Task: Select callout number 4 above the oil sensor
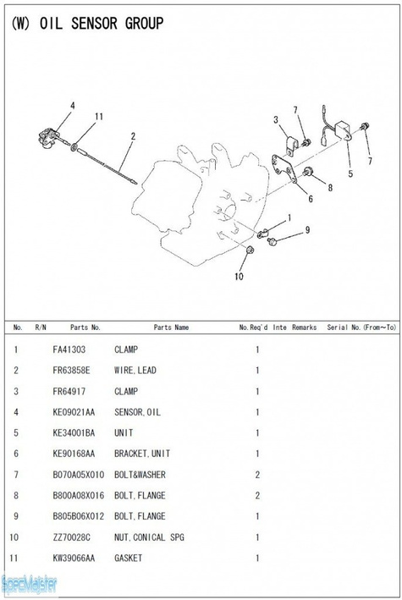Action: click(x=73, y=106)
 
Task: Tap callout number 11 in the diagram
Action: click(x=99, y=116)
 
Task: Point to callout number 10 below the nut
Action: click(x=239, y=276)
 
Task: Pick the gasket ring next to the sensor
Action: click(x=74, y=146)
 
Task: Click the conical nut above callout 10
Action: click(x=250, y=250)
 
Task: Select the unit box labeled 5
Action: click(x=344, y=130)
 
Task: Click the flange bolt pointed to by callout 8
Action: click(x=307, y=172)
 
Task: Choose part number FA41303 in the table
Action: click(x=69, y=350)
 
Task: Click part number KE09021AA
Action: click(x=74, y=412)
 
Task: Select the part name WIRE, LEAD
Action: click(x=135, y=370)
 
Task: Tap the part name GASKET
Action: click(x=129, y=558)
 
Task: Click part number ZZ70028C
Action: click(x=72, y=537)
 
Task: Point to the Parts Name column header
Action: click(x=171, y=328)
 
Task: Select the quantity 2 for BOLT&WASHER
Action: click(x=257, y=475)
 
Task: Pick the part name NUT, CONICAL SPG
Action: click(x=149, y=537)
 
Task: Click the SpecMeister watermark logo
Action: click(x=29, y=584)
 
